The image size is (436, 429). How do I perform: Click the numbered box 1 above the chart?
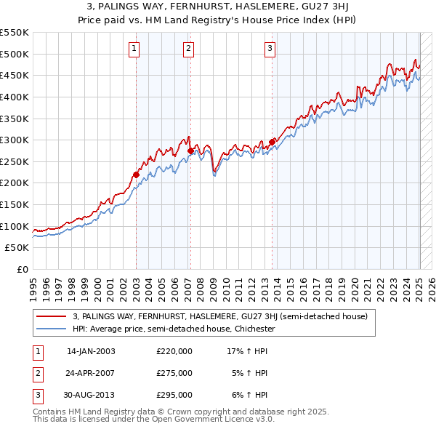(136, 49)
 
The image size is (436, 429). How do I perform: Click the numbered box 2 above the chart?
(188, 49)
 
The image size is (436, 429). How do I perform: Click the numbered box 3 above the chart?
(270, 49)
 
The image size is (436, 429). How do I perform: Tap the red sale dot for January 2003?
(136, 175)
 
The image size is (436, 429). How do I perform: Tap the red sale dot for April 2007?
(190, 151)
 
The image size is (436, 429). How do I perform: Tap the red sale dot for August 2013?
(272, 143)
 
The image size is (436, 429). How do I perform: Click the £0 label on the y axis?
(22, 269)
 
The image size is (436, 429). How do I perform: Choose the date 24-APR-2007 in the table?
(90, 373)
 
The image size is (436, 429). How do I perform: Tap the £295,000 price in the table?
(174, 395)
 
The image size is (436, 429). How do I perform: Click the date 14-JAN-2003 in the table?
(90, 351)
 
